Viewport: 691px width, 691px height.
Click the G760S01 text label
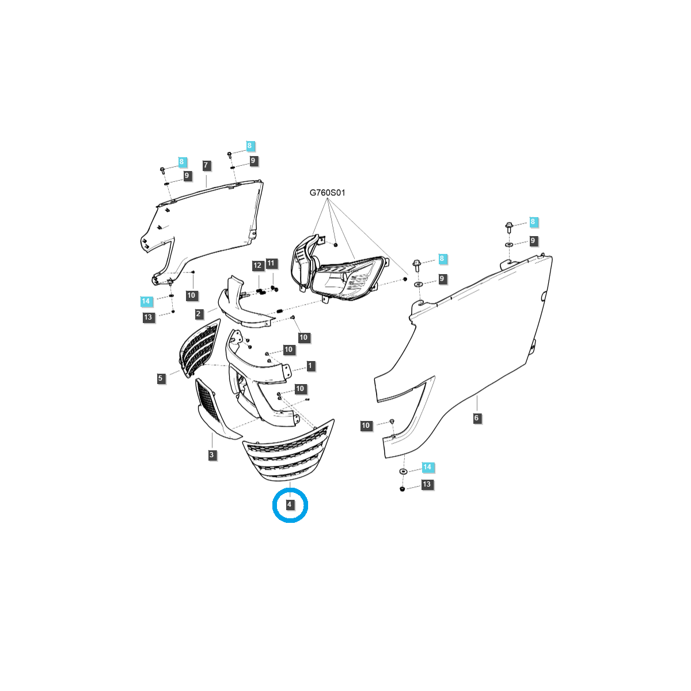coord(327,193)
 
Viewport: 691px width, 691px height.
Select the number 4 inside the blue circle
coord(290,504)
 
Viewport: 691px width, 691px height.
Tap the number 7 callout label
coord(206,165)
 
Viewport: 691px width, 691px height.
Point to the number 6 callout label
coord(476,417)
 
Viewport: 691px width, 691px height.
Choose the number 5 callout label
coord(160,378)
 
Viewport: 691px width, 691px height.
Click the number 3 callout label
coord(211,455)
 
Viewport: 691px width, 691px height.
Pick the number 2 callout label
coord(199,314)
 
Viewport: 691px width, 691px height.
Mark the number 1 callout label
coord(310,366)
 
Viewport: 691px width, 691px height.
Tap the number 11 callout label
coord(271,263)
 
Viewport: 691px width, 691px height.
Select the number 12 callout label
coord(257,265)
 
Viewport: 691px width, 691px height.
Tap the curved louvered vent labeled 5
coord(199,348)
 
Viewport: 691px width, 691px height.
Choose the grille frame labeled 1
coord(258,377)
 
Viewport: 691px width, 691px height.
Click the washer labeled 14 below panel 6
coord(403,471)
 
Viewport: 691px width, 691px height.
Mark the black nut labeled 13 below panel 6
coord(402,489)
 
